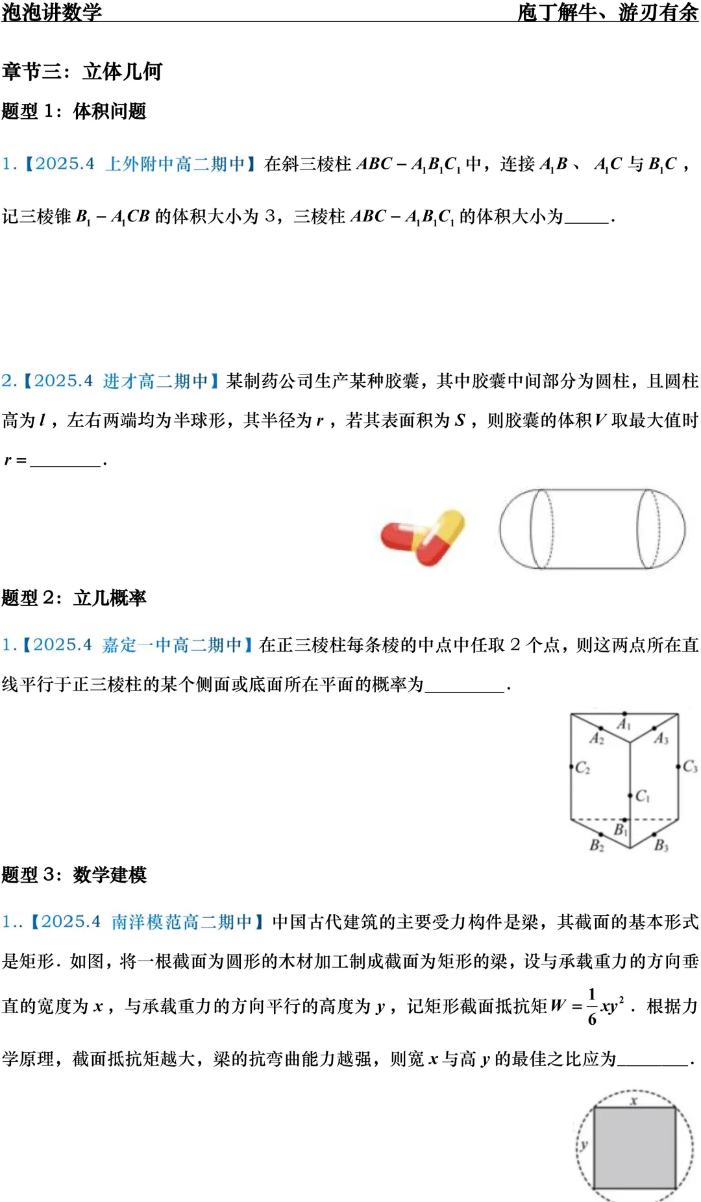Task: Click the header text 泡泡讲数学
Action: click(52, 12)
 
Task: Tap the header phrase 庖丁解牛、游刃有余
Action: click(608, 12)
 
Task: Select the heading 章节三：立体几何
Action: click(82, 71)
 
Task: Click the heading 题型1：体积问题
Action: click(74, 111)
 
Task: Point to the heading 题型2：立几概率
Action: click(74, 598)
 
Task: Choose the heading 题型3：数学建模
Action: click(74, 875)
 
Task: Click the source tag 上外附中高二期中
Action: click(175, 164)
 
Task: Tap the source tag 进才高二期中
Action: click(155, 381)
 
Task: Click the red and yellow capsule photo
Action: click(423, 537)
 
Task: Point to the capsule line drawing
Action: click(592, 530)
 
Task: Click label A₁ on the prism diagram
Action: click(624, 724)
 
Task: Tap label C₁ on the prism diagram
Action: click(642, 796)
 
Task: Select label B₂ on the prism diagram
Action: click(596, 845)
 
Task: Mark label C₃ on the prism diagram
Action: click(689, 767)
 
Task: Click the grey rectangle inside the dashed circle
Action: click(635, 1147)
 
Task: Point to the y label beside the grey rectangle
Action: click(584, 1144)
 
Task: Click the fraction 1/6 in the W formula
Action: click(592, 1007)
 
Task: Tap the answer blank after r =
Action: click(66, 461)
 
